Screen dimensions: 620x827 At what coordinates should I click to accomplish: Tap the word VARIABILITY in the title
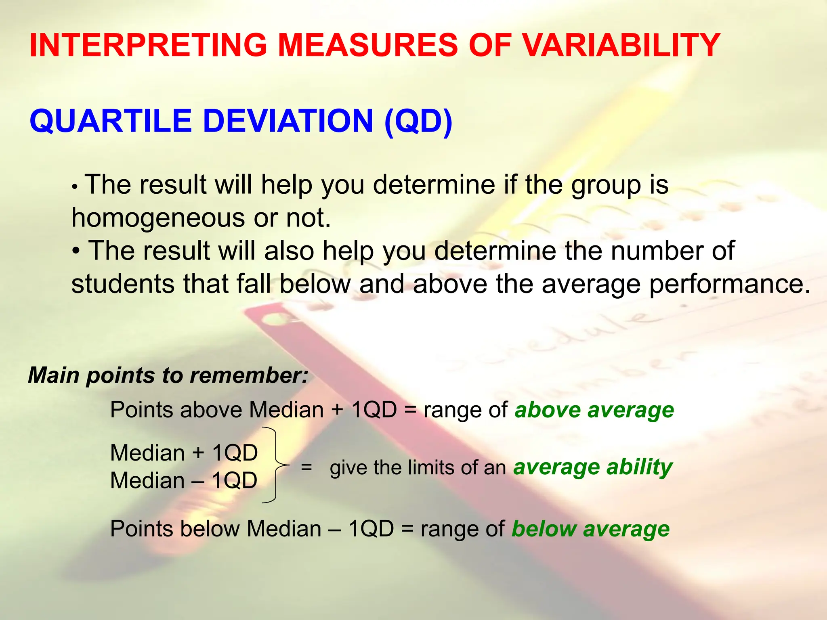click(x=620, y=45)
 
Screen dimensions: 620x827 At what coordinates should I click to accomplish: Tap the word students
click(x=124, y=284)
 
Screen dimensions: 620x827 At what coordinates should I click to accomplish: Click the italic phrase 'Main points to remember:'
click(x=168, y=375)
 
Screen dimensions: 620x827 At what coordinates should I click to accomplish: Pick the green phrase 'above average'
click(x=594, y=410)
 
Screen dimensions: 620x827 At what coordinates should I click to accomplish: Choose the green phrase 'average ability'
click(x=592, y=467)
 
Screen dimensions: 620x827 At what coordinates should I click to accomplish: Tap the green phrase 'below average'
click(x=590, y=529)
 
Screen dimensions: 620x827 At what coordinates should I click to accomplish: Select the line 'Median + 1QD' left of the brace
click(x=184, y=453)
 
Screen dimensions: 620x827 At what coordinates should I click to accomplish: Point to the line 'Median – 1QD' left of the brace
click(x=184, y=481)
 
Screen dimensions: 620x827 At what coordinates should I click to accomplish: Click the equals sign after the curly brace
click(x=306, y=467)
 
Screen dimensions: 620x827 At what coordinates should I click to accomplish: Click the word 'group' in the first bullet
click(x=606, y=185)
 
